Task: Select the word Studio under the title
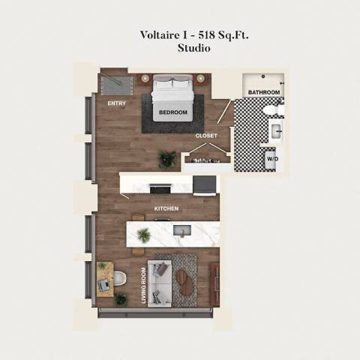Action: click(193, 48)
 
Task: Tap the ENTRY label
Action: click(116, 103)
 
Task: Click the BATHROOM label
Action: click(264, 92)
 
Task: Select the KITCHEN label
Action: click(166, 208)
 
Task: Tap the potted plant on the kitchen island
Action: click(143, 235)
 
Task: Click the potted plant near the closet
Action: click(167, 158)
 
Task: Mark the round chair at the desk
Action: click(118, 278)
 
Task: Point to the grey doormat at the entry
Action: click(115, 81)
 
